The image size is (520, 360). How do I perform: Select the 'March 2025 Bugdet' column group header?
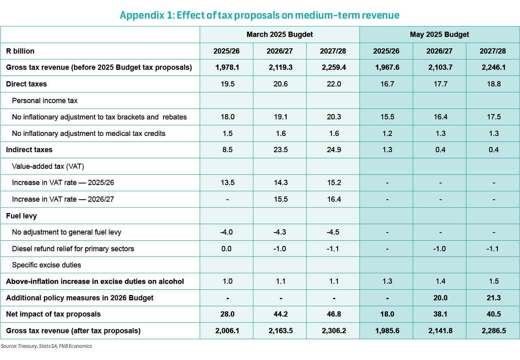[x=279, y=34]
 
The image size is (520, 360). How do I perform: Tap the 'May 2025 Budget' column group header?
[x=440, y=34]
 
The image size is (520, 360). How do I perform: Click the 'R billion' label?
[x=20, y=51]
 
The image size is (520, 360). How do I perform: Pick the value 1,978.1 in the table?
[x=227, y=67]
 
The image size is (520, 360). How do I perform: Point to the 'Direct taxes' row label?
[x=26, y=84]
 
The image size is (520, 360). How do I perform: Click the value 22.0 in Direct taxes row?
[x=334, y=84]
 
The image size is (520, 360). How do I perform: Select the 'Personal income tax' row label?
[x=45, y=101]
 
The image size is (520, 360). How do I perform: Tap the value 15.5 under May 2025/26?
[x=387, y=117]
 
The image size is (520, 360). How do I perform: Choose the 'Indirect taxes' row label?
[x=29, y=150]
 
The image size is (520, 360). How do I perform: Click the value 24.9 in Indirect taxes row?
[x=334, y=150]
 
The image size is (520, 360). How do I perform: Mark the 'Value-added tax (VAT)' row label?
[x=48, y=166]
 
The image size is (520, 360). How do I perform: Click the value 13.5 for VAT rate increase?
[x=227, y=183]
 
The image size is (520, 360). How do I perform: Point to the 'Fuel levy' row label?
[x=22, y=216]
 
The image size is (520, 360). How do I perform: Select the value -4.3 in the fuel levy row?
[x=279, y=232]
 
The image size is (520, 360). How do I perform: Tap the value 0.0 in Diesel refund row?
[x=226, y=249]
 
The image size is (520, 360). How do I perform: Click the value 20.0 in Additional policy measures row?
[x=440, y=298]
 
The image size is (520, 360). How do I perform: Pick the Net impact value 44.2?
[x=281, y=314]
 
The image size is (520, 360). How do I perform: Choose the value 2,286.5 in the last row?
[x=494, y=331]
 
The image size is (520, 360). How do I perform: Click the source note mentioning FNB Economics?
[x=46, y=346]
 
